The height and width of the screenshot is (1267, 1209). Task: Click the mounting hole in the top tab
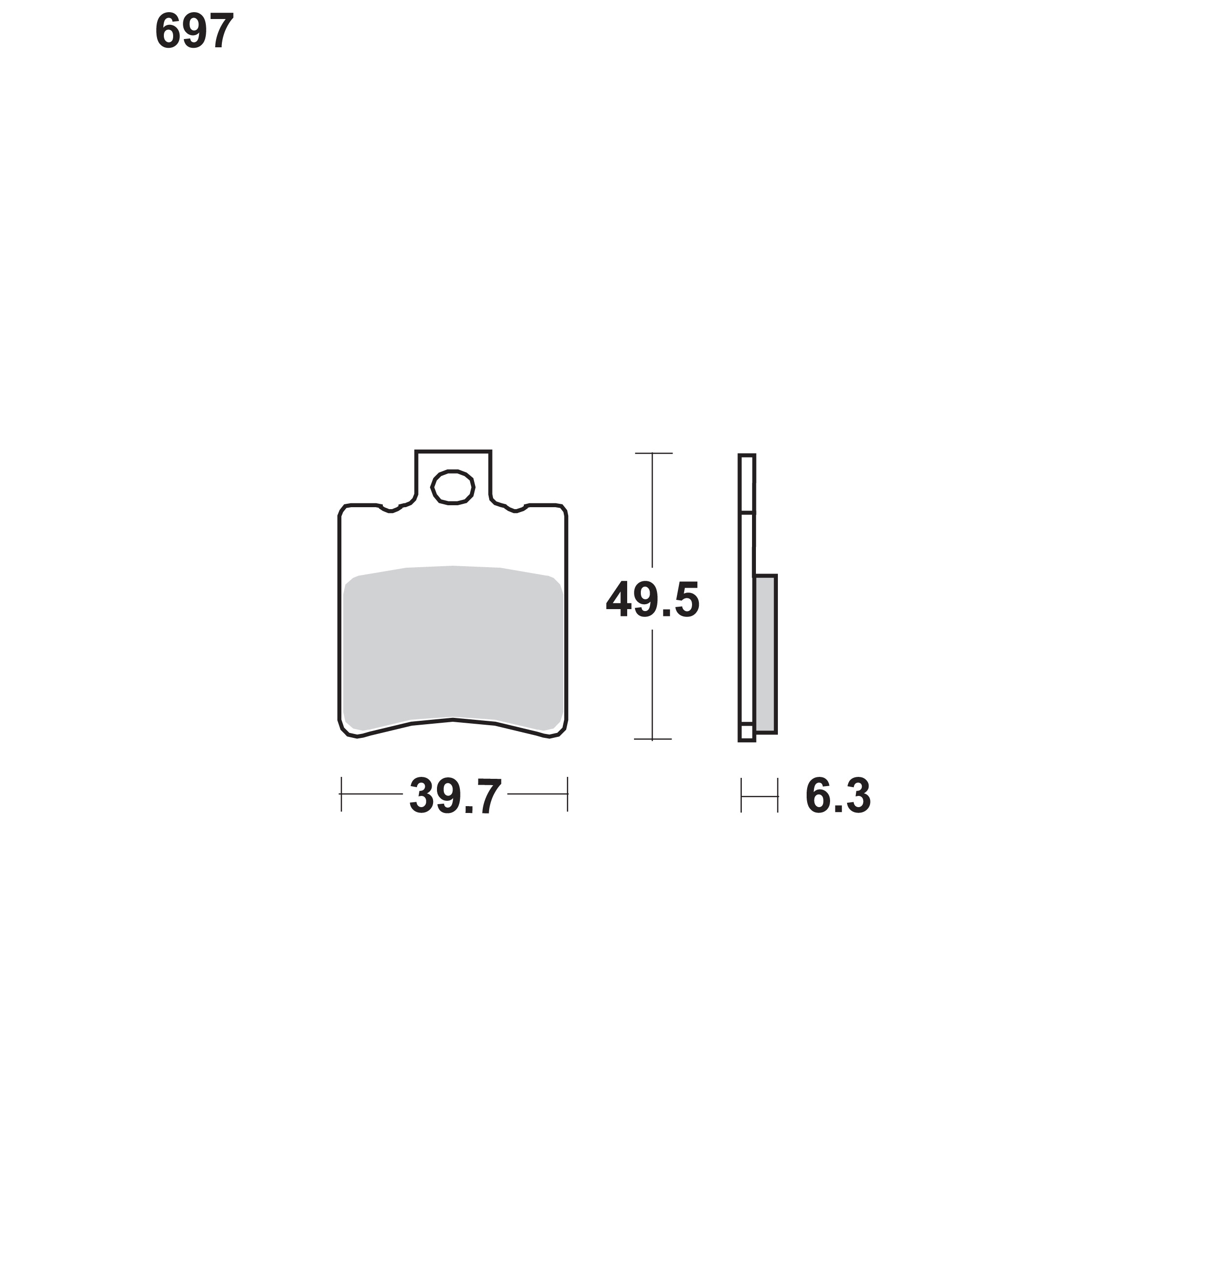(453, 487)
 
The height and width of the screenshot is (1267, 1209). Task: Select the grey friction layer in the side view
(766, 653)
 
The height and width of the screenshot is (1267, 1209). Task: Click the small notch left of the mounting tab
(391, 509)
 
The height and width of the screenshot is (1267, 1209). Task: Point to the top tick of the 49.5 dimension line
(653, 453)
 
